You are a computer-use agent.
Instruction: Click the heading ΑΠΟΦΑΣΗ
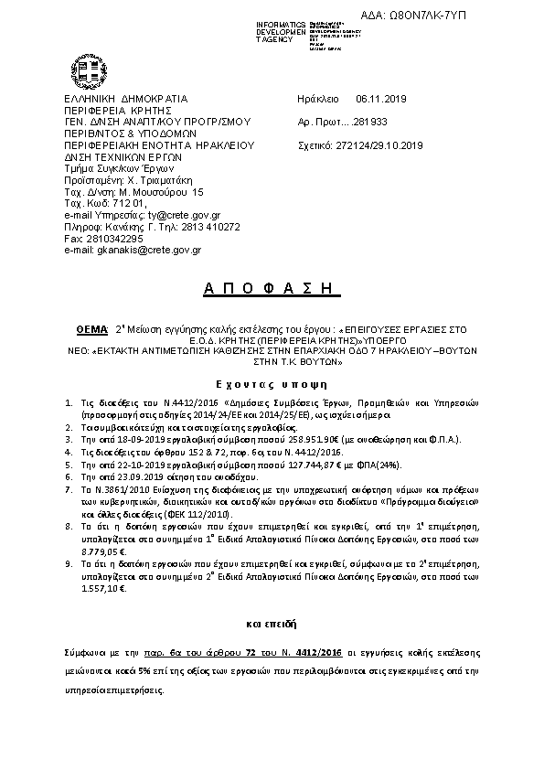point(270,290)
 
